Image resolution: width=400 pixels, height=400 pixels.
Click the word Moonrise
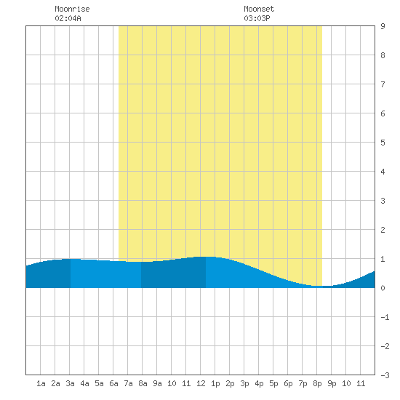point(72,9)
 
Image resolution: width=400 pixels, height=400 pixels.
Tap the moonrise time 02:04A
point(68,18)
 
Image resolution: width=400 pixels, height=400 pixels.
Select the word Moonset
point(259,9)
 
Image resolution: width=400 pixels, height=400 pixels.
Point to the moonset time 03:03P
point(257,18)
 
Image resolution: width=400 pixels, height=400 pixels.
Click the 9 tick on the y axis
point(383,26)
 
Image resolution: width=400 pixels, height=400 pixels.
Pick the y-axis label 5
point(383,143)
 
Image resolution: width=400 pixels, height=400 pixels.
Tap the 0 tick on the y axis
point(383,288)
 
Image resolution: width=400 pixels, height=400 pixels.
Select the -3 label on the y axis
point(385,375)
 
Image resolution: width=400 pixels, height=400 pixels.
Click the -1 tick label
point(385,317)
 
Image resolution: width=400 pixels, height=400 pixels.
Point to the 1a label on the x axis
point(41,383)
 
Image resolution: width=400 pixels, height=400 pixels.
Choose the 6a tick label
point(113,383)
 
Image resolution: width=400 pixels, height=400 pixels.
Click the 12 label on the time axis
point(201,383)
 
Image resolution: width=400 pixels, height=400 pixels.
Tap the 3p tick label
point(244,383)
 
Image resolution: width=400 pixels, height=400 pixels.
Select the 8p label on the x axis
point(317,383)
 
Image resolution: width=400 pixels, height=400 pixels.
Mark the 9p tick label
point(332,383)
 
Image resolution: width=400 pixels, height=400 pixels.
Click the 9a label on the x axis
point(157,383)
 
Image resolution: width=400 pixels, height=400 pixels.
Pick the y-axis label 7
point(383,84)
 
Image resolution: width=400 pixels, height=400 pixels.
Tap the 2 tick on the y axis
point(383,230)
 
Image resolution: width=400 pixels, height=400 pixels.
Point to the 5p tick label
point(273,383)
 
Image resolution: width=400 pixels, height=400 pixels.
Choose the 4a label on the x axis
point(84,383)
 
